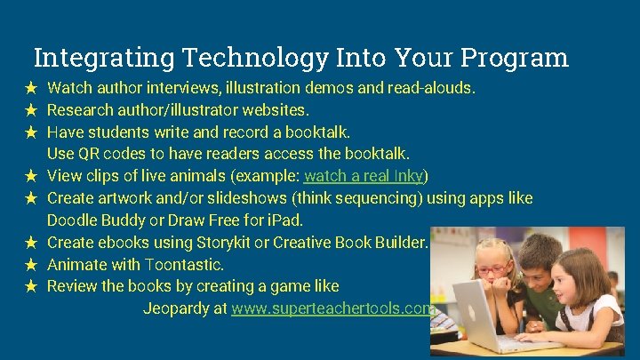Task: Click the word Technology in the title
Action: click(255, 58)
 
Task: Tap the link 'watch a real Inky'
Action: click(365, 175)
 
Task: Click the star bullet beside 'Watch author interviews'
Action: click(30, 88)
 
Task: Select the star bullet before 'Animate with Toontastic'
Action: click(30, 264)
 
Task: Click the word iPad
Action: click(287, 220)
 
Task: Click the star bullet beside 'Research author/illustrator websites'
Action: click(30, 110)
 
